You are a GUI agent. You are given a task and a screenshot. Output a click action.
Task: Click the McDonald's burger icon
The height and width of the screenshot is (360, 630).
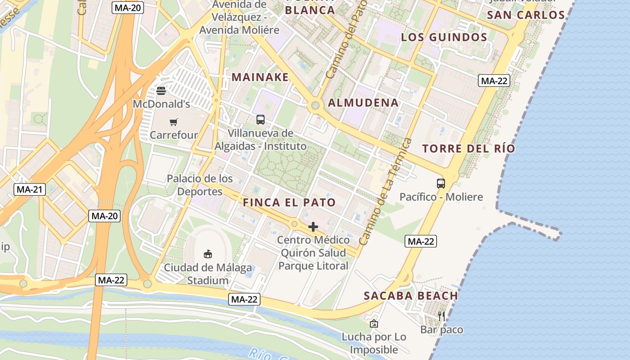point(161,91)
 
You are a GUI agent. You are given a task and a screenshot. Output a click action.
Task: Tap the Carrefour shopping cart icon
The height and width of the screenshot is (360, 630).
point(174,122)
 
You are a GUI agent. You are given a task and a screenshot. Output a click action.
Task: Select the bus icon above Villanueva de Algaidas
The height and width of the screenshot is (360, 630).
point(261,120)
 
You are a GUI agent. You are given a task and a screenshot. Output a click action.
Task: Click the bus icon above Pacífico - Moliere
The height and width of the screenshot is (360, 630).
point(441,184)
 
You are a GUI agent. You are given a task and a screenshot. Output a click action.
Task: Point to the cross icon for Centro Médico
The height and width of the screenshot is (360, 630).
point(313,227)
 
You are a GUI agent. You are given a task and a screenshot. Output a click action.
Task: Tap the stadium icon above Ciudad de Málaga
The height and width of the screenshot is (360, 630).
point(208,254)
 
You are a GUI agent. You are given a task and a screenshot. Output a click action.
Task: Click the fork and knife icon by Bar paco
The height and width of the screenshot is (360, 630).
point(441,316)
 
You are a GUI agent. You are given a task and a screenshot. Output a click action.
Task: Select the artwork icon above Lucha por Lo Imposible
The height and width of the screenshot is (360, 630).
point(373,324)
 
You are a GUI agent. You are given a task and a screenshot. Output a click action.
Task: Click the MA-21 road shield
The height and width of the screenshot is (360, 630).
point(30,189)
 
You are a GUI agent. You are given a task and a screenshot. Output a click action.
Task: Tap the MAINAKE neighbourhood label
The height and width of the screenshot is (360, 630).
point(260,77)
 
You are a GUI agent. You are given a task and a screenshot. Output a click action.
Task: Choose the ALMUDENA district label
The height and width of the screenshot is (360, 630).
point(363,103)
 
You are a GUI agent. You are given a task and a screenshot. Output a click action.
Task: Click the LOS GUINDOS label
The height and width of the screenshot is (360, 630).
point(444,37)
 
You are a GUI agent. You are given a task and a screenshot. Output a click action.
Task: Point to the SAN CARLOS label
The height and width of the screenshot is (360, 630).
point(526,15)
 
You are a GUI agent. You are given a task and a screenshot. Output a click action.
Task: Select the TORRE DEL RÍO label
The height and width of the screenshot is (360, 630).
point(468,148)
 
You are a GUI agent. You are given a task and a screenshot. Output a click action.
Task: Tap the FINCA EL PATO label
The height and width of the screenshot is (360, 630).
point(289,202)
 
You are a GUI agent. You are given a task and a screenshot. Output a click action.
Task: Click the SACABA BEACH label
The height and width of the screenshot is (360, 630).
point(411,296)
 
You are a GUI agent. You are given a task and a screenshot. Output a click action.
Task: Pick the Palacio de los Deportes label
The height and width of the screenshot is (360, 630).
point(200,185)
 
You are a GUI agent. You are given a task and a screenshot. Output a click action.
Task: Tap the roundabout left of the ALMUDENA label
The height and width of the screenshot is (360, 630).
point(315,106)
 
